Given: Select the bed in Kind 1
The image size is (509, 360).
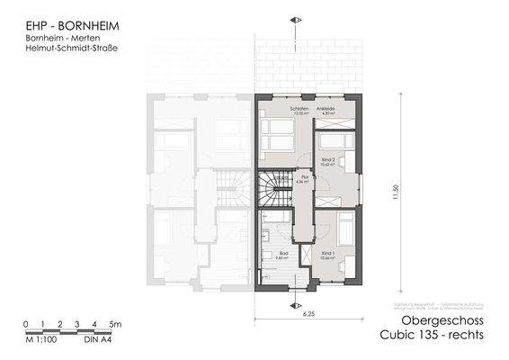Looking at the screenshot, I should pos(342,231).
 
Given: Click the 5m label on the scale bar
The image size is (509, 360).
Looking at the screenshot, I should pos(114,322).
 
